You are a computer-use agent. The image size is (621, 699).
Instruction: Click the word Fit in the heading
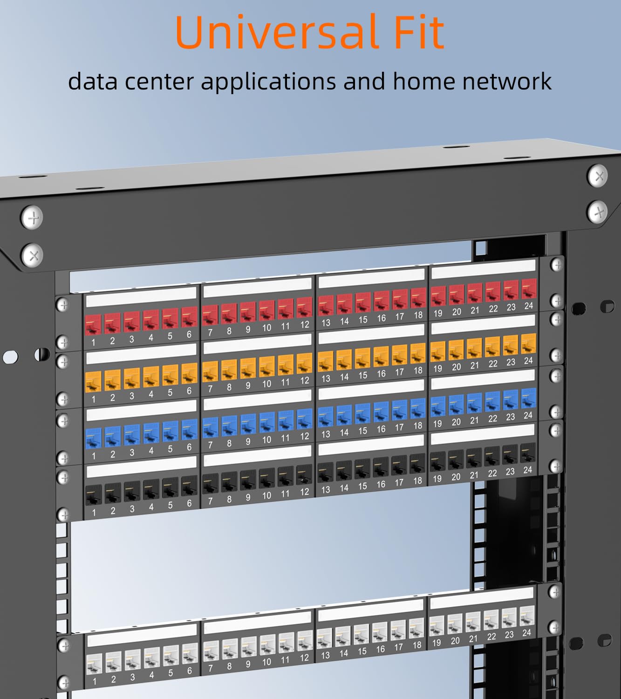point(418,33)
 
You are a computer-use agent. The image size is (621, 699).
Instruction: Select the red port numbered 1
point(94,324)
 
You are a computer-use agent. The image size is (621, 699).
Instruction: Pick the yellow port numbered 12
point(304,363)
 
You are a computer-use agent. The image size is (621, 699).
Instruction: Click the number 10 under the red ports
point(266,328)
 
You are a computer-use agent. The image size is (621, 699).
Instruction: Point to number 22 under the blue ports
point(492,419)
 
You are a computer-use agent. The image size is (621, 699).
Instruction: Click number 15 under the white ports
point(362,651)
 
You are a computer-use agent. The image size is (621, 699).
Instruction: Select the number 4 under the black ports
point(151,507)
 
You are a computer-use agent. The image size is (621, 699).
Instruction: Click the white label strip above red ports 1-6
point(141,296)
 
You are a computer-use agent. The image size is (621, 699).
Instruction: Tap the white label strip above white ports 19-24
point(481,602)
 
